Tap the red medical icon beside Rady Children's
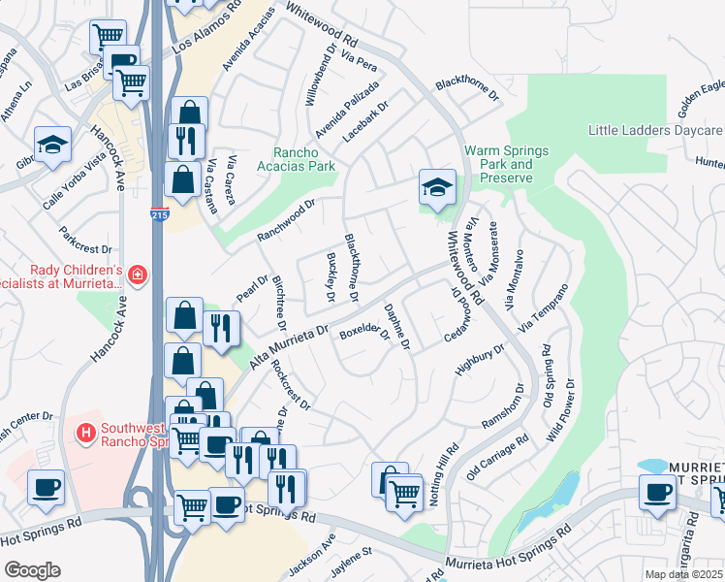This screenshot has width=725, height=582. point(138,276)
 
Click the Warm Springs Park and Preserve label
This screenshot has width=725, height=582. point(507,164)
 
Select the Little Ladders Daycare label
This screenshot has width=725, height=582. point(655,131)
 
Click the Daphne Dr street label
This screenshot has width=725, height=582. point(398,327)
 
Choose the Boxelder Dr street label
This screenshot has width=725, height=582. point(363,332)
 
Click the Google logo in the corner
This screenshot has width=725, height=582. point(32,570)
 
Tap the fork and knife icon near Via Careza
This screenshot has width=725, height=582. point(184,140)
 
